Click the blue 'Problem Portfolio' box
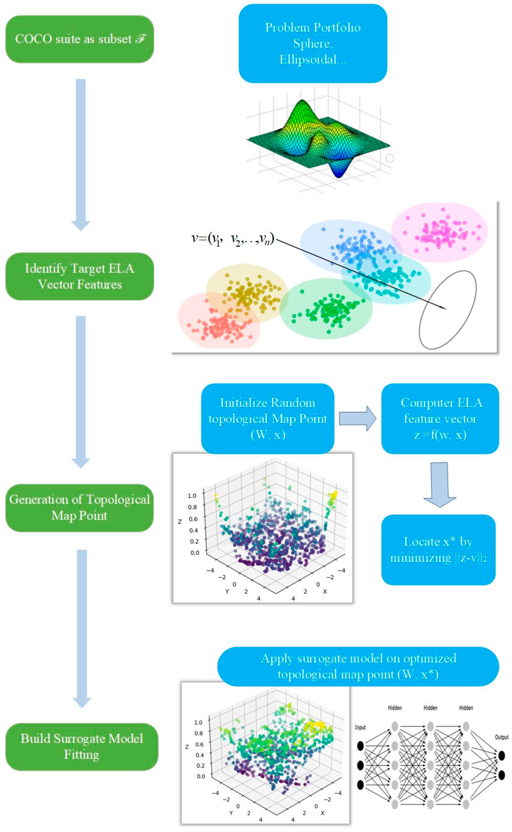313,43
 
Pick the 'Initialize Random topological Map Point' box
267,418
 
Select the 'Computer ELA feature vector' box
440,418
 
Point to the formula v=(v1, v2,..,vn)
233,239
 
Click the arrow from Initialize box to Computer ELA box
357,418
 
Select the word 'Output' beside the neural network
501,737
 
